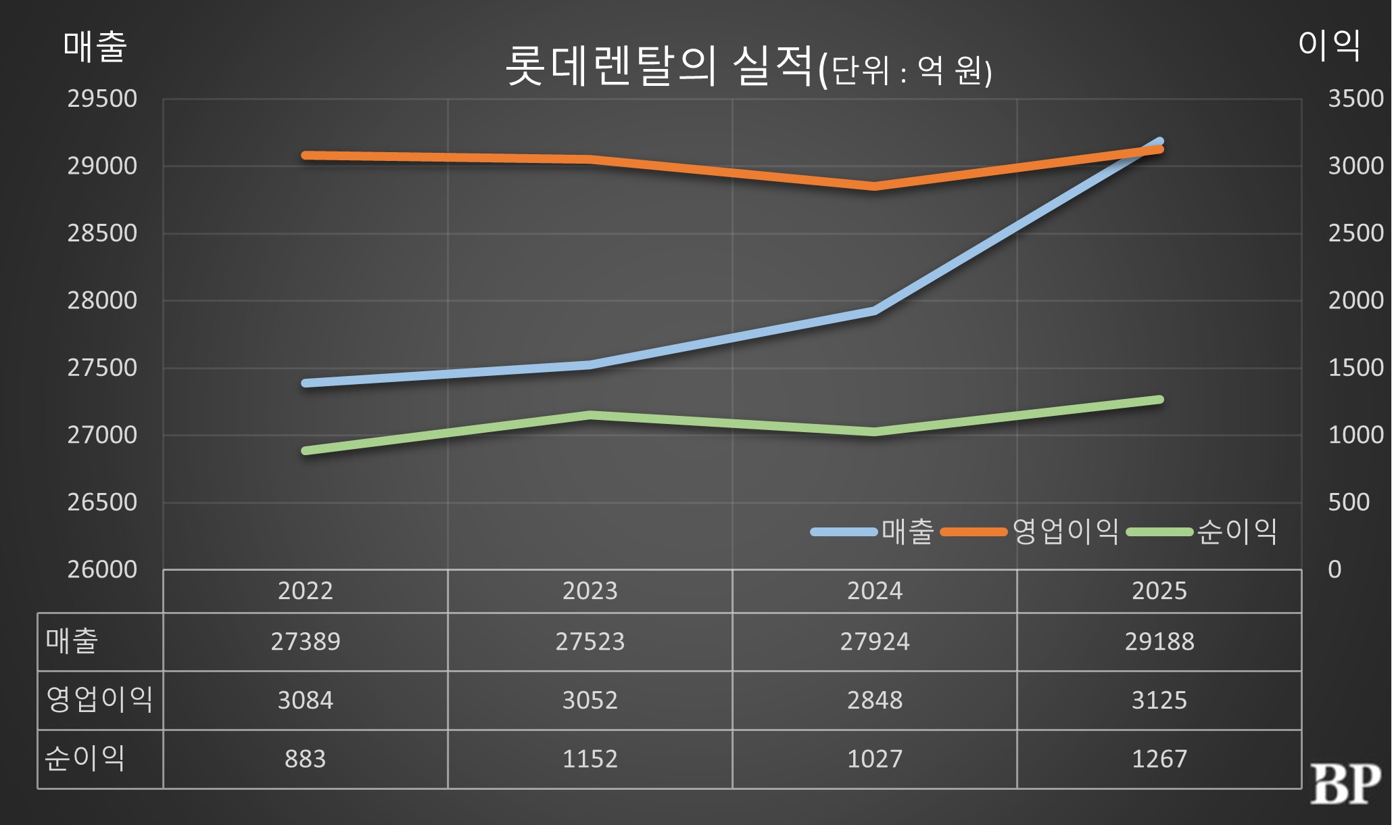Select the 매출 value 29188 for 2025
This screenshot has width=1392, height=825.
tap(1159, 641)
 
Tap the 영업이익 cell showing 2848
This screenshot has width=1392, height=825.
tap(874, 700)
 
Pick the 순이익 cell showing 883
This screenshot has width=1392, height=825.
tap(305, 759)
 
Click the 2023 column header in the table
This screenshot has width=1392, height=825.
tap(590, 591)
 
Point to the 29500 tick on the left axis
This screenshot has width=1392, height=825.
tap(102, 99)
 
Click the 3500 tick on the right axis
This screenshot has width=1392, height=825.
tap(1355, 99)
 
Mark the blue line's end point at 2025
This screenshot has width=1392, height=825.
tap(1159, 141)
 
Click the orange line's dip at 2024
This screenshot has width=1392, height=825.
tap(875, 186)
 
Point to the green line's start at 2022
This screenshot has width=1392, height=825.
tap(306, 450)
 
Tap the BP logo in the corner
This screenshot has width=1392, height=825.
tap(1345, 784)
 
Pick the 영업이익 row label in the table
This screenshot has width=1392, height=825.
tap(99, 700)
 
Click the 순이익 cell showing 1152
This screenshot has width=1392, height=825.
tap(590, 759)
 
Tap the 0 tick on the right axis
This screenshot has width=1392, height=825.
tap(1335, 569)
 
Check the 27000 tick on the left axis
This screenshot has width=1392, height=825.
tap(102, 435)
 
